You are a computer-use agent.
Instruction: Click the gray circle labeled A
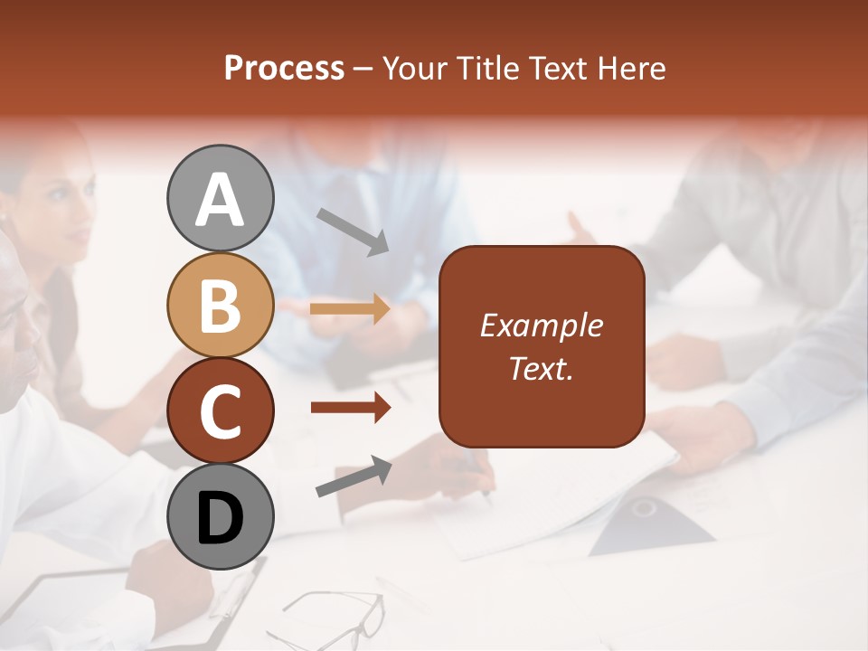(x=220, y=198)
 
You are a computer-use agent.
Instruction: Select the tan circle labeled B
(x=220, y=305)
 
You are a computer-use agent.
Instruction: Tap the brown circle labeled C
(x=220, y=410)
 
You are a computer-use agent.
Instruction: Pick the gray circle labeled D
(x=220, y=516)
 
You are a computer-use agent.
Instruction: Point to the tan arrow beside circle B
(x=350, y=309)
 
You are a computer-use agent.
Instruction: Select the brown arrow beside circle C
(x=350, y=408)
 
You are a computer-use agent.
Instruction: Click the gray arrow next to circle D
(x=354, y=476)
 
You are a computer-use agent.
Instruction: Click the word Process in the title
(x=284, y=69)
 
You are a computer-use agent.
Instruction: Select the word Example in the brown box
(x=541, y=325)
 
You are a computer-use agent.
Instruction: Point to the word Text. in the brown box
(x=541, y=368)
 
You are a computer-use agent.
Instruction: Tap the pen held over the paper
(x=479, y=478)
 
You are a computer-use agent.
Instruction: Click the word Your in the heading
(x=412, y=69)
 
